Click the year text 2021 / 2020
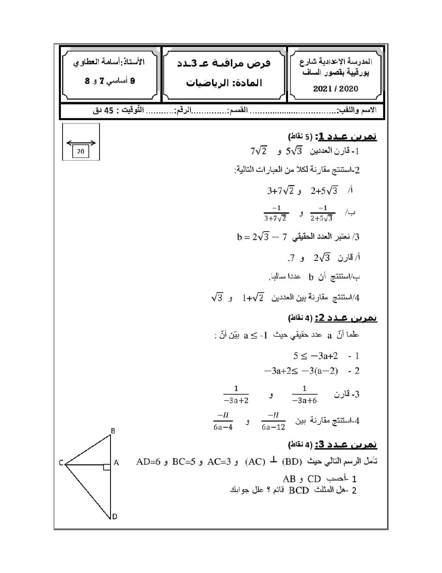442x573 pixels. click(x=336, y=89)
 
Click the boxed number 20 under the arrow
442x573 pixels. click(x=80, y=151)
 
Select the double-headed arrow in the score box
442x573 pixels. click(x=81, y=142)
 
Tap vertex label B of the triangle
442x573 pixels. click(x=113, y=431)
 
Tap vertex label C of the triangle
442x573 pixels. click(x=61, y=462)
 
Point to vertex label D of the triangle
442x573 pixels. click(x=115, y=516)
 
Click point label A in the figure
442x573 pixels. click(x=116, y=463)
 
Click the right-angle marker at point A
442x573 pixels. click(x=107, y=467)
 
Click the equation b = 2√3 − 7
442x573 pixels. click(x=262, y=236)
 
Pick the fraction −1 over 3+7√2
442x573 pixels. click(x=276, y=213)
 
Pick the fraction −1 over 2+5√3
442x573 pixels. click(x=322, y=213)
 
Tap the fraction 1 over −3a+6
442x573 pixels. click(x=305, y=394)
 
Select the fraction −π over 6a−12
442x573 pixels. click(x=273, y=421)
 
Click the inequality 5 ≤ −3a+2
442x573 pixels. click(x=316, y=356)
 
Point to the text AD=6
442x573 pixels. click(x=149, y=462)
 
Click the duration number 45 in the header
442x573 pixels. click(x=109, y=110)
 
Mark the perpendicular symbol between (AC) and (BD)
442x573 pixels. click(x=274, y=461)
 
